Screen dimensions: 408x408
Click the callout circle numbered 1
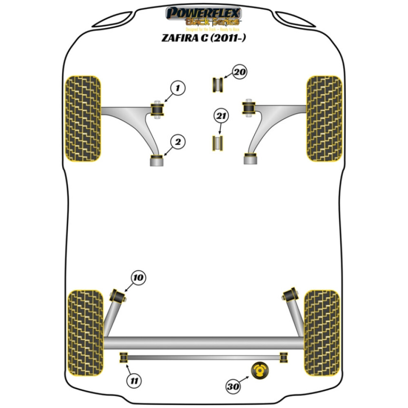pyautogui.click(x=178, y=88)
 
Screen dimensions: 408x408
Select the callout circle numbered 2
pyautogui.click(x=178, y=142)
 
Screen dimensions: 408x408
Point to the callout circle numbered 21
pyautogui.click(x=220, y=117)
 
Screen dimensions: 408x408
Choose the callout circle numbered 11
pyautogui.click(x=133, y=381)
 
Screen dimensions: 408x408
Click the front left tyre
pyautogui.click(x=83, y=118)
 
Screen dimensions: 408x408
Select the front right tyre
pyautogui.click(x=324, y=118)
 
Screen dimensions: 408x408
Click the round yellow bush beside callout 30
pyautogui.click(x=258, y=370)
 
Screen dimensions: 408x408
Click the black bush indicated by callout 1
pyautogui.click(x=157, y=109)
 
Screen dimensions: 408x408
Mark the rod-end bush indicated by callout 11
pyautogui.click(x=124, y=357)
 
